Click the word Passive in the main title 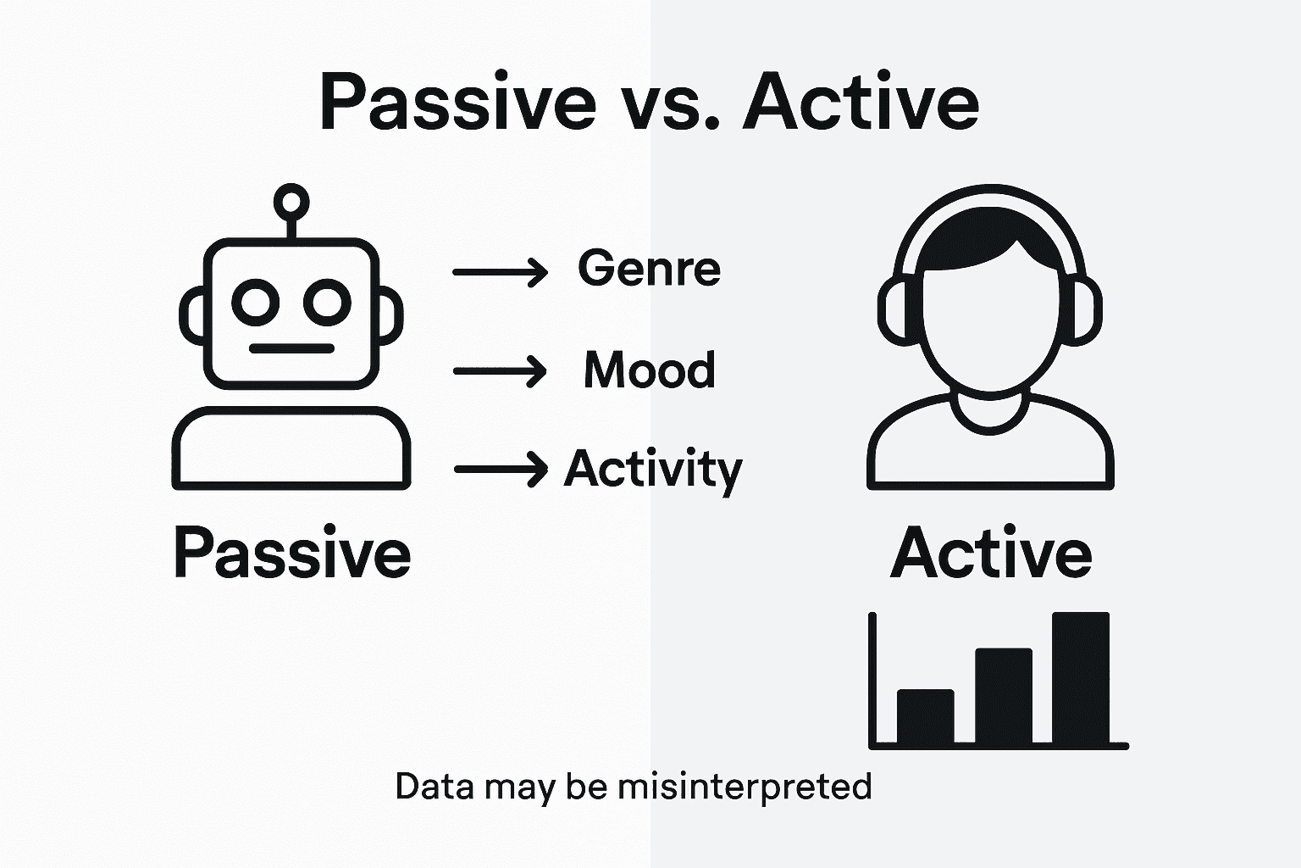coord(457,103)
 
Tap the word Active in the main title coord(861,103)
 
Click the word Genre coord(649,270)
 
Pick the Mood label coord(650,370)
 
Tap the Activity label coord(652,469)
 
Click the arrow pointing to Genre coord(500,272)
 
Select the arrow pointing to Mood coord(500,371)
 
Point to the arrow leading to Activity coord(501,469)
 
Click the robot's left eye coord(256,302)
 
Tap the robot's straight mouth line coord(291,348)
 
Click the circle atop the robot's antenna coord(291,201)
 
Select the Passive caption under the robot coord(292,553)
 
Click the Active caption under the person coord(991,553)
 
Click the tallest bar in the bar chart coord(1080,677)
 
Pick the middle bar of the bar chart coord(1004,696)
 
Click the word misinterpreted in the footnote coord(745,787)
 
